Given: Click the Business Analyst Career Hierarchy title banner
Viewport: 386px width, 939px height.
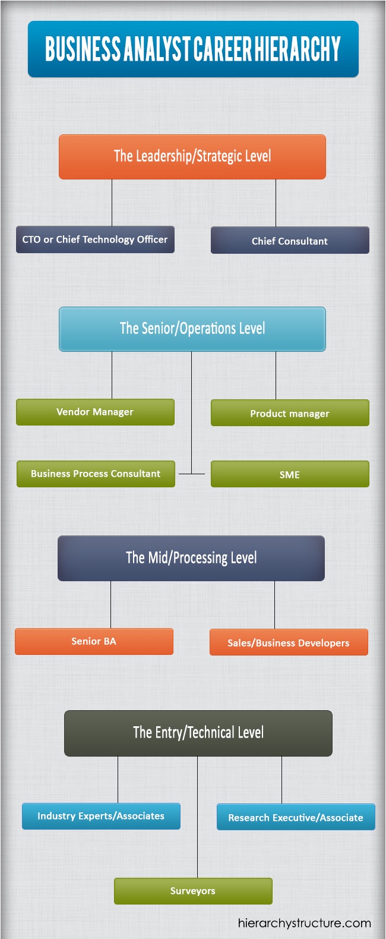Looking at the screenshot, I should [193, 49].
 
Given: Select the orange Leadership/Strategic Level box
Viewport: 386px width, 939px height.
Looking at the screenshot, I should [192, 157].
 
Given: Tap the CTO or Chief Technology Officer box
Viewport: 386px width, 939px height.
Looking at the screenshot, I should [95, 240].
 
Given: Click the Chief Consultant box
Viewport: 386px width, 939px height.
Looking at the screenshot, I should [290, 241].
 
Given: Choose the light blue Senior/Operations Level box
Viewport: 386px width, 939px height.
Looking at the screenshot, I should [192, 329].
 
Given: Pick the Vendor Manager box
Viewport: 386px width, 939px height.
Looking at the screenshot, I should [95, 412].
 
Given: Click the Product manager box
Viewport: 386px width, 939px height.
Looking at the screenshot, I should [290, 413].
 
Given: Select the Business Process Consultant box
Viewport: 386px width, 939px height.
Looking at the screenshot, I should [96, 474].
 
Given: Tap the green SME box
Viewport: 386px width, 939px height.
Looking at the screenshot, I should [290, 474].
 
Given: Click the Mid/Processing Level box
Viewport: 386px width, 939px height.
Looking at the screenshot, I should [191, 558].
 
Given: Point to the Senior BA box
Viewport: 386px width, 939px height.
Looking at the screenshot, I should [94, 641].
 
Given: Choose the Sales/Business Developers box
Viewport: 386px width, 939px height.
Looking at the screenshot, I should [289, 642].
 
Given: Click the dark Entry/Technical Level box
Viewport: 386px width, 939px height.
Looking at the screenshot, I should [198, 733].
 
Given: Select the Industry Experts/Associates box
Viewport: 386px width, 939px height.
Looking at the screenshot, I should [101, 816].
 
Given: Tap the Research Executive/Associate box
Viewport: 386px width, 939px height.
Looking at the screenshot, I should [296, 817].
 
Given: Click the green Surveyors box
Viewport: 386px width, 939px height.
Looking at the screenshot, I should [193, 891].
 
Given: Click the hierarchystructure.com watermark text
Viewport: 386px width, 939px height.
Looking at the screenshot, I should [304, 923].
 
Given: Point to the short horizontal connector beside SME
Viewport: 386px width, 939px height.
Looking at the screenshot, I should [192, 474].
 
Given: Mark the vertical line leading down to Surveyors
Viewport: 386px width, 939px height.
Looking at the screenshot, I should [197, 832].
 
